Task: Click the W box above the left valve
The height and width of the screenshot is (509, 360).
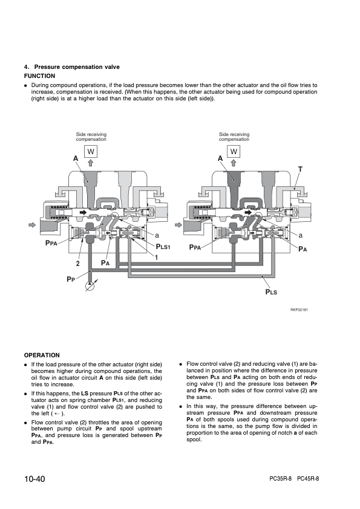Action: tap(91, 151)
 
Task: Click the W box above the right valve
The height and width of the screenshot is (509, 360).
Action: tap(234, 151)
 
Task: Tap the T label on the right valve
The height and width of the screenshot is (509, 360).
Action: tap(300, 169)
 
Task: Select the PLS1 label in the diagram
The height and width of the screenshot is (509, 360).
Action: tap(163, 247)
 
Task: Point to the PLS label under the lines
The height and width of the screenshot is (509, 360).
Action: tap(271, 292)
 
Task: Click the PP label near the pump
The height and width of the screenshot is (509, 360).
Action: tap(71, 279)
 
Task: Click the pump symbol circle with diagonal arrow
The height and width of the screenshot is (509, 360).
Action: tap(90, 286)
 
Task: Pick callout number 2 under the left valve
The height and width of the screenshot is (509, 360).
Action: tap(77, 264)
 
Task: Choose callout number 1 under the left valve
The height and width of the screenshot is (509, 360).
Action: tap(156, 258)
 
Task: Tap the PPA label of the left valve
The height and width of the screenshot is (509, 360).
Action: tap(51, 243)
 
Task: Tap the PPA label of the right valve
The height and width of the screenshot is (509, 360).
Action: tap(195, 247)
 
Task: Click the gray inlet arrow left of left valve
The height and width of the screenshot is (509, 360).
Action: tap(32, 225)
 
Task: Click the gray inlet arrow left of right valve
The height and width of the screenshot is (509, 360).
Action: tap(178, 225)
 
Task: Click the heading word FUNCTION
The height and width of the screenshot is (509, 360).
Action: tap(40, 76)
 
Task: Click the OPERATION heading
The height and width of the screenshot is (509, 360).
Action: tap(42, 355)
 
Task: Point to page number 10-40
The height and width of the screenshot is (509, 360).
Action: tap(34, 479)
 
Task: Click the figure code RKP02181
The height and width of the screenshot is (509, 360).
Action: tap(299, 310)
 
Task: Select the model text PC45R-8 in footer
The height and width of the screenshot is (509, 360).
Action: tap(308, 479)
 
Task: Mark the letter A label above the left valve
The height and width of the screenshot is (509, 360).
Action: tap(76, 158)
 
